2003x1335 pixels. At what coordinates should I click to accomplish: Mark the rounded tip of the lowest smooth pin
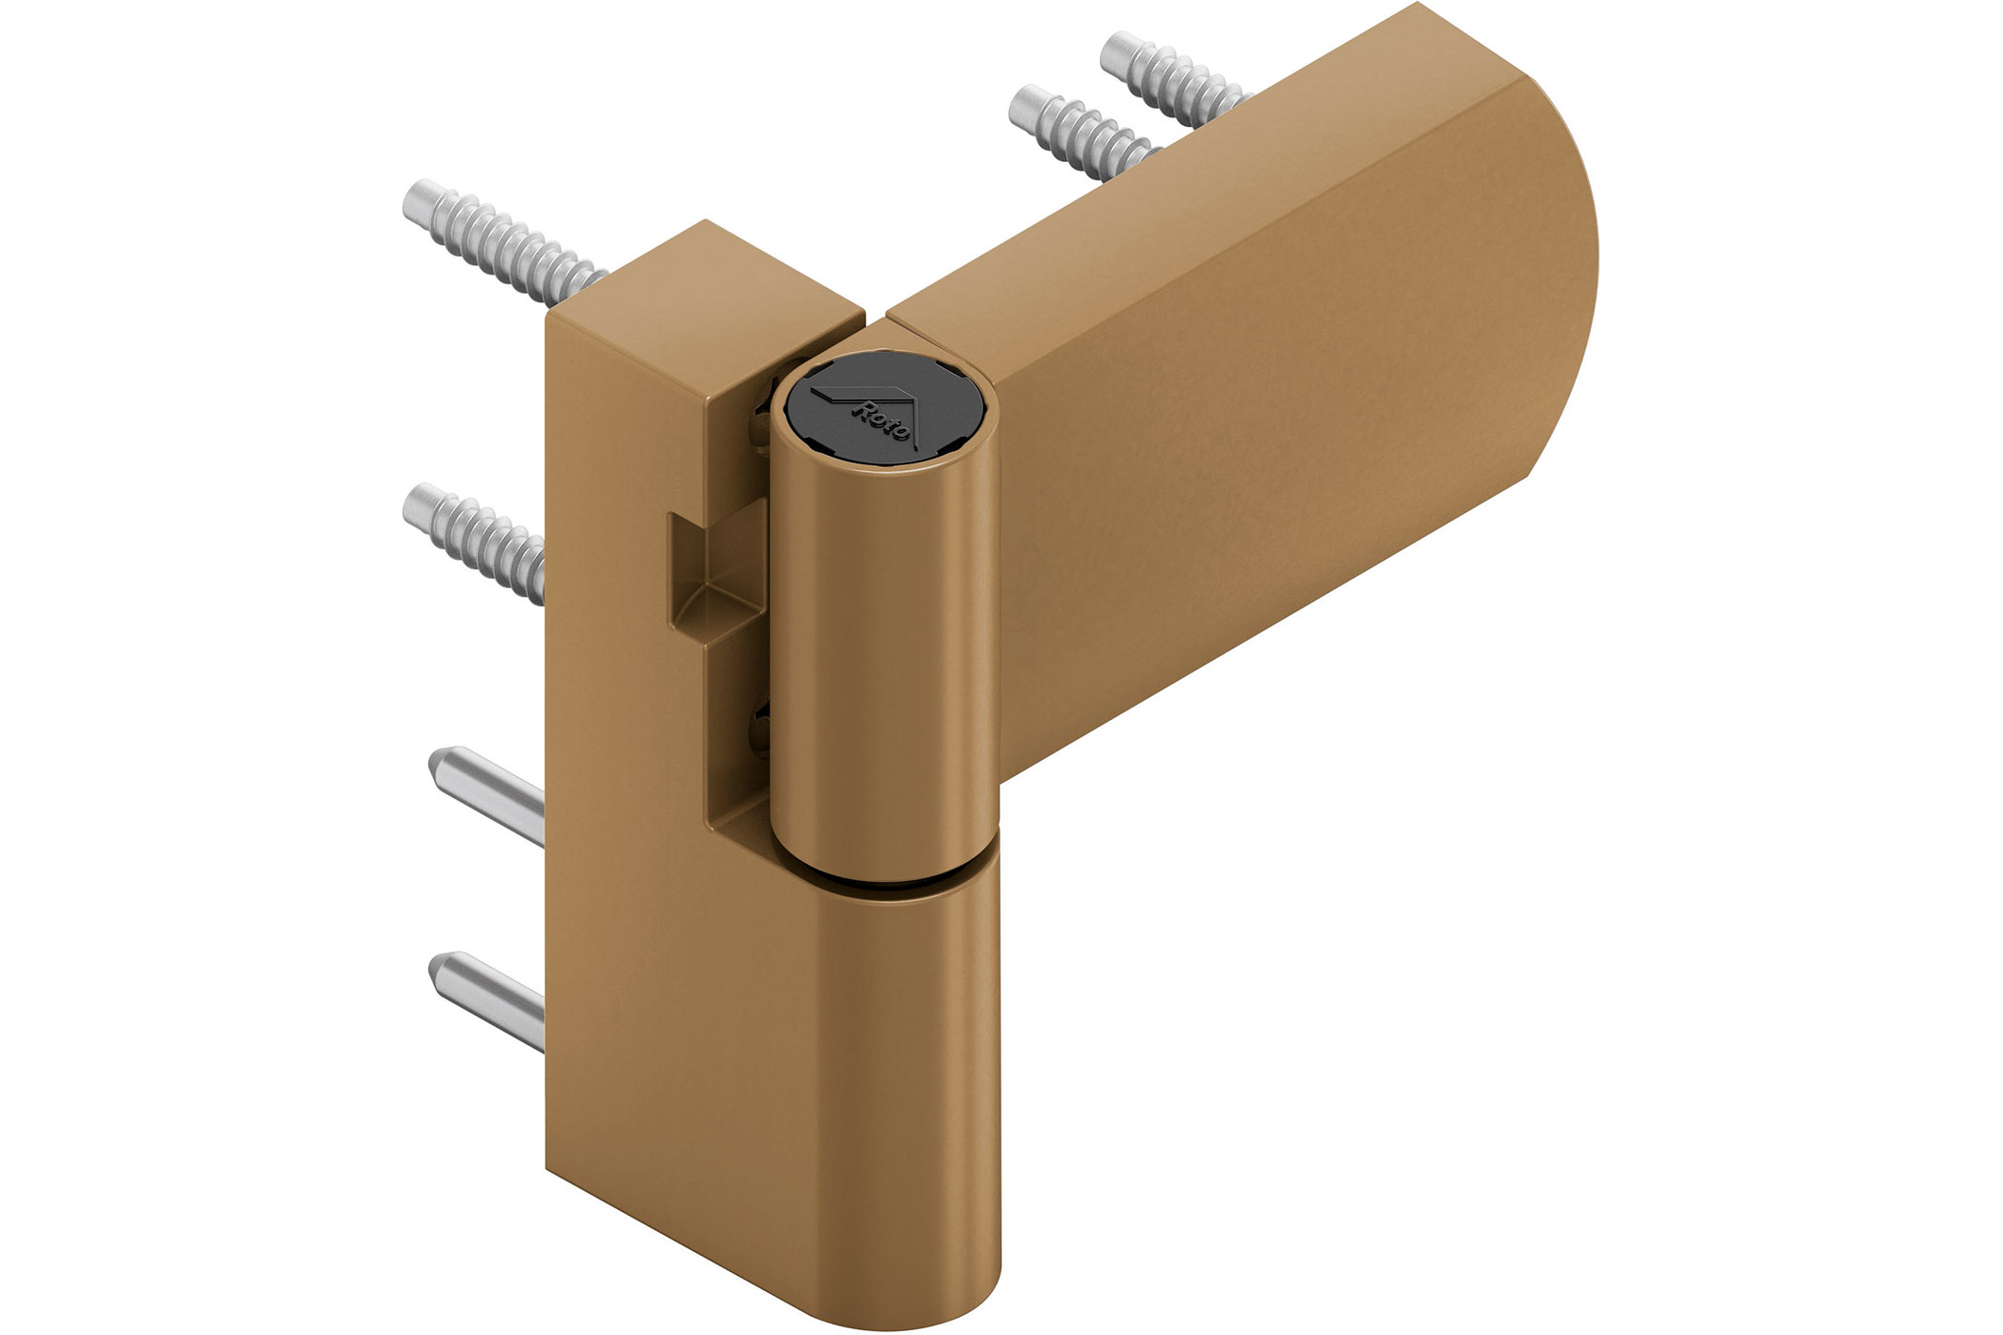pos(441,970)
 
